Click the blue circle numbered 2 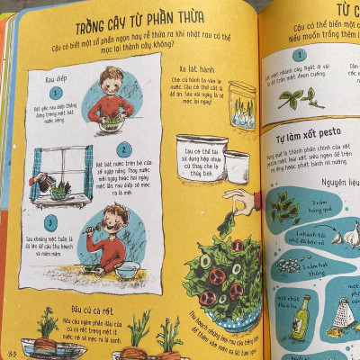tap(125, 150)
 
